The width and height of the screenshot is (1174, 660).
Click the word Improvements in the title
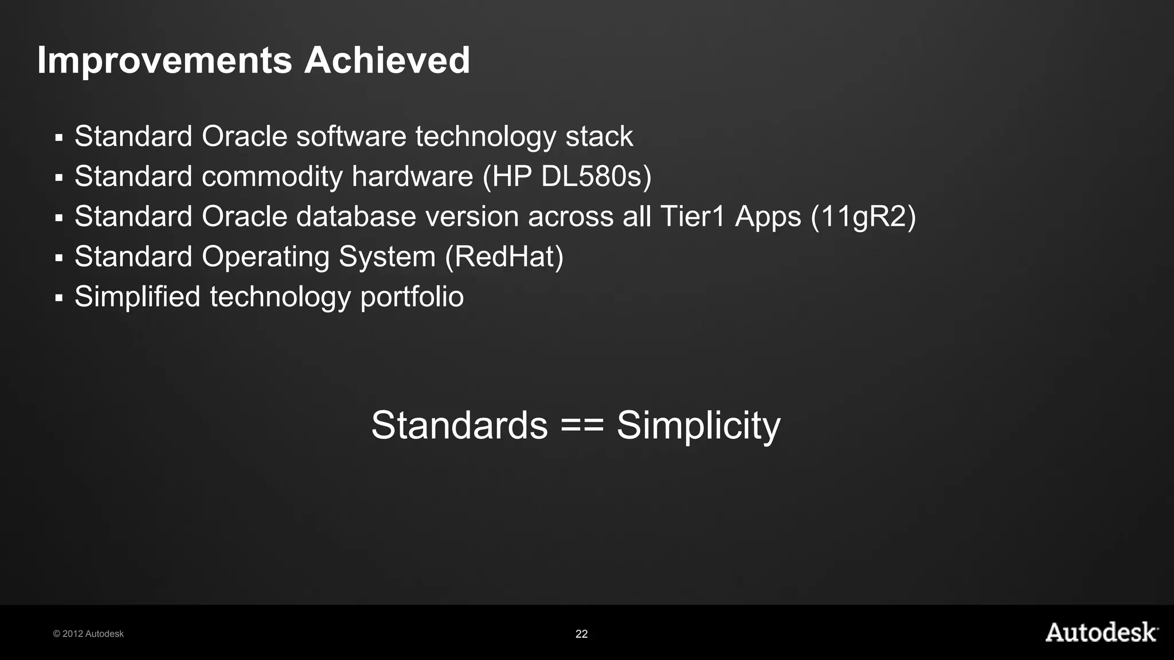click(165, 61)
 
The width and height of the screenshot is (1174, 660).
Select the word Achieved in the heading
click(387, 60)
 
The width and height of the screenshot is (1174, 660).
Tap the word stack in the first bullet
click(599, 136)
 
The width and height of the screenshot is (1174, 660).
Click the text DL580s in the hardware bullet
click(596, 176)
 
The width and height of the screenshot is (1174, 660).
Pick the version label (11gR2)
click(863, 217)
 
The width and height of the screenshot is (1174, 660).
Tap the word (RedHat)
click(504, 257)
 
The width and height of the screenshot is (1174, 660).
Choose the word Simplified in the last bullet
click(138, 297)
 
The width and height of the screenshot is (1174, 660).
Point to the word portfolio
click(412, 297)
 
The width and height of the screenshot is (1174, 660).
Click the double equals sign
click(582, 425)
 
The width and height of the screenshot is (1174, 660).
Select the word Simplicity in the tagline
click(698, 425)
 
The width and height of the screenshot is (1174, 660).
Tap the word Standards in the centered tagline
click(459, 425)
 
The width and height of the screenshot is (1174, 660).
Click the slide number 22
click(581, 634)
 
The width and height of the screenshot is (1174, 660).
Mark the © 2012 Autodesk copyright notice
click(88, 634)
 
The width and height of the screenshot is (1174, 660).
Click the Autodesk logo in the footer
click(1101, 632)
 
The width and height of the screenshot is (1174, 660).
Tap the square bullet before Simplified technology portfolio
click(58, 298)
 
